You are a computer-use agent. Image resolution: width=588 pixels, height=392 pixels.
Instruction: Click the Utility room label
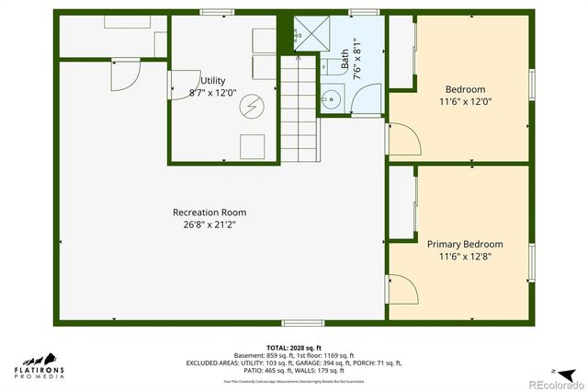(213, 81)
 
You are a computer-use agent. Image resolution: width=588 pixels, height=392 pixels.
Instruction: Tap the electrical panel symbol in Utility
(249, 108)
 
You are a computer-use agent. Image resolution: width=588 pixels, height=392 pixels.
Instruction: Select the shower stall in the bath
(312, 36)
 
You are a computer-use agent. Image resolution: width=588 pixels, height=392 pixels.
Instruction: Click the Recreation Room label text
(209, 213)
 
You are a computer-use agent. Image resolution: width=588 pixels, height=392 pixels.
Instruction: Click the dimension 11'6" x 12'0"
(465, 102)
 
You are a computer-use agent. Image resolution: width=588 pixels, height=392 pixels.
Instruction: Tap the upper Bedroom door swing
(404, 138)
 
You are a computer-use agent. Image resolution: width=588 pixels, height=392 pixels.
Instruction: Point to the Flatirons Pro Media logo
(39, 364)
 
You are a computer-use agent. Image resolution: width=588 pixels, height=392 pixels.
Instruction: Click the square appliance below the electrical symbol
(251, 145)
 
